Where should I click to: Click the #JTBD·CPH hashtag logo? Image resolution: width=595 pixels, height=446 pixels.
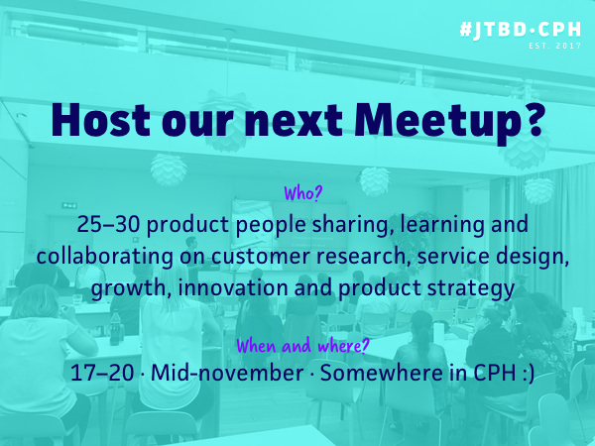click(x=520, y=30)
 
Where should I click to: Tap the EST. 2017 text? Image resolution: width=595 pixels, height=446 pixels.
click(x=554, y=46)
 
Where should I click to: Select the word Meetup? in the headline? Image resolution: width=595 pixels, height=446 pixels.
click(x=448, y=123)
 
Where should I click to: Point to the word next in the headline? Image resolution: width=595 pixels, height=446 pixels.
click(x=294, y=121)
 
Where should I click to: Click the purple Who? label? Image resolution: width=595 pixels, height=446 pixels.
click(x=302, y=193)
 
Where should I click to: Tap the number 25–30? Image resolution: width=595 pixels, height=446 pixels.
click(x=108, y=225)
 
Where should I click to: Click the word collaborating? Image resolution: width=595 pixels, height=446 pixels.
click(x=105, y=257)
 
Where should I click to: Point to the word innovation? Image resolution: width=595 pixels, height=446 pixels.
click(x=233, y=287)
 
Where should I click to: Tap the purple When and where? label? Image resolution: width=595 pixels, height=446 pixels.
click(x=302, y=346)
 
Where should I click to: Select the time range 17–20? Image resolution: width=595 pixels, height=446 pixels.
click(x=102, y=373)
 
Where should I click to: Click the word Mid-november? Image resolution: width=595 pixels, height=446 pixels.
click(x=227, y=373)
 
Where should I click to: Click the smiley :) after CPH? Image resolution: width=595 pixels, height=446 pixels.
click(x=526, y=374)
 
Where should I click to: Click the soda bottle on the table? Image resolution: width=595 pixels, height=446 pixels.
click(x=115, y=328)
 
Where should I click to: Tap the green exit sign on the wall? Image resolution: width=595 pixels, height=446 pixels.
click(x=69, y=205)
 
